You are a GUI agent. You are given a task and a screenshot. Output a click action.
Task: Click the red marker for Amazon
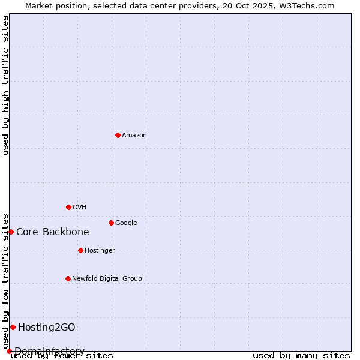118,135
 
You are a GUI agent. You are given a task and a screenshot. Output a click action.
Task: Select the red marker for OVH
68,207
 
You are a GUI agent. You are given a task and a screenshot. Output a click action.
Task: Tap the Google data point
111,223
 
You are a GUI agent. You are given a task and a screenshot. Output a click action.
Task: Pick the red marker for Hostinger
80,250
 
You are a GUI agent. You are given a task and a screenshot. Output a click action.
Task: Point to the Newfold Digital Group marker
68,278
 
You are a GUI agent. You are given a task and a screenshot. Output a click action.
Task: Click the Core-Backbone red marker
11,232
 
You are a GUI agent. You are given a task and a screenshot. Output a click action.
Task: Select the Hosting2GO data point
13,327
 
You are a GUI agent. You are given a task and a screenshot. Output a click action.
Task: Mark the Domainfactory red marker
9,351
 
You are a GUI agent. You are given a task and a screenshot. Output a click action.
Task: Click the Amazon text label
134,136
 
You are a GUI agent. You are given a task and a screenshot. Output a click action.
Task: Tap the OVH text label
80,208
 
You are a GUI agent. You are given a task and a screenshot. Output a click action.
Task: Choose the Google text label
126,223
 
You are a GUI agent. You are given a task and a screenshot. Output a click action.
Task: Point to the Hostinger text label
100,251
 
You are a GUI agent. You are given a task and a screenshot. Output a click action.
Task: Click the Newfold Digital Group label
107,279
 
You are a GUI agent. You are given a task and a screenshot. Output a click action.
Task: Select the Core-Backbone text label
53,232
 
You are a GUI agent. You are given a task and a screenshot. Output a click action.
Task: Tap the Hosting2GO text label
47,328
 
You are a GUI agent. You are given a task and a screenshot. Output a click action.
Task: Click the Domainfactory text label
49,352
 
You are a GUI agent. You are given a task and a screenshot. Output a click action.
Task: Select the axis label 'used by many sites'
301,356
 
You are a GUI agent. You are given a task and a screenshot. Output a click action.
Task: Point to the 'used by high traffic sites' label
6,85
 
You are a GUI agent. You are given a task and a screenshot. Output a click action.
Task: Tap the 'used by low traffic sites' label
6,281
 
